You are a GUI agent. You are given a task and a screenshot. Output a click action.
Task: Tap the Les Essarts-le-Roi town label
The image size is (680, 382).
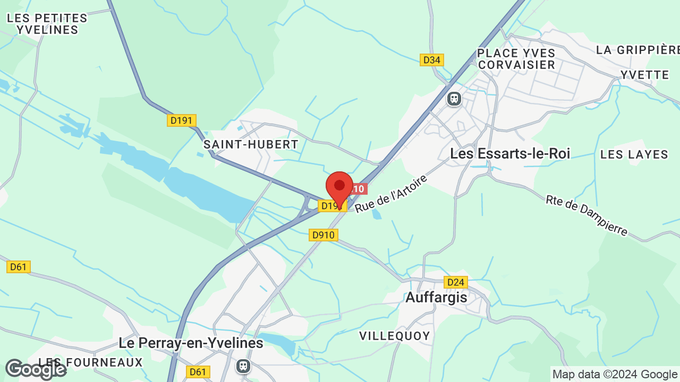(x=510, y=154)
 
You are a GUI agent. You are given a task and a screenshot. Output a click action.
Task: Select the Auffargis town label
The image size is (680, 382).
(x=436, y=298)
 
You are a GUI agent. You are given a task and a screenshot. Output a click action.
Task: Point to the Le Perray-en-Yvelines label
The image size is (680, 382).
(x=191, y=343)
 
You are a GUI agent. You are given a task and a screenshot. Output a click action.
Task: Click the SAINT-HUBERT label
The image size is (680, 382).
(x=251, y=144)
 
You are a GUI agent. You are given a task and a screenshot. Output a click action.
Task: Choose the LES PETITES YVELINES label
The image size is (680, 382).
(x=47, y=24)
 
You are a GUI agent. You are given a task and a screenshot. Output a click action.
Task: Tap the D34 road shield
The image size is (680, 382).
(x=432, y=60)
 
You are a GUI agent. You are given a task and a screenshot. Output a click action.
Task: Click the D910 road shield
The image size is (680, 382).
(x=324, y=235)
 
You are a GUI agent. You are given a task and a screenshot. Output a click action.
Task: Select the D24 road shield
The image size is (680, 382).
(x=456, y=282)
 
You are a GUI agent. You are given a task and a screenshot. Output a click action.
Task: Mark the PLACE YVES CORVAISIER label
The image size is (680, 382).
(x=516, y=59)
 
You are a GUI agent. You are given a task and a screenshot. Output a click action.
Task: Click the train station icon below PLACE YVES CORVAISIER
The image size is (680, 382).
(x=454, y=99)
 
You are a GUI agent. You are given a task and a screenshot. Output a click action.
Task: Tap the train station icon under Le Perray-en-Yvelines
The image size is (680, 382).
(x=243, y=366)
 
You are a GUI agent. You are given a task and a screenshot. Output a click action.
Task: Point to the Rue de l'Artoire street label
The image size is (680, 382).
(x=391, y=194)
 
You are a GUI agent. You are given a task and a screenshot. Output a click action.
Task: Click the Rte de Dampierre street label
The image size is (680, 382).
(x=586, y=215)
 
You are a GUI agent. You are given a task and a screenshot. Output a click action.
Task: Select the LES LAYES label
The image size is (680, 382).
(x=634, y=155)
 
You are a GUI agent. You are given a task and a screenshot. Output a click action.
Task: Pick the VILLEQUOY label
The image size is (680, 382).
(x=394, y=336)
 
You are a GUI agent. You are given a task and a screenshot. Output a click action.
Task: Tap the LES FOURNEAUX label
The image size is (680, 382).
(x=91, y=363)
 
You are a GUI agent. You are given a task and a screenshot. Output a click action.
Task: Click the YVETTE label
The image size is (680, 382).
(x=645, y=75)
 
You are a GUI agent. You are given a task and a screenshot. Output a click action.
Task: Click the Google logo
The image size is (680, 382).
(x=36, y=369)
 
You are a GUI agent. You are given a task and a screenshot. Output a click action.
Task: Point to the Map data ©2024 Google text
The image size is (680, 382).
(x=615, y=375)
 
